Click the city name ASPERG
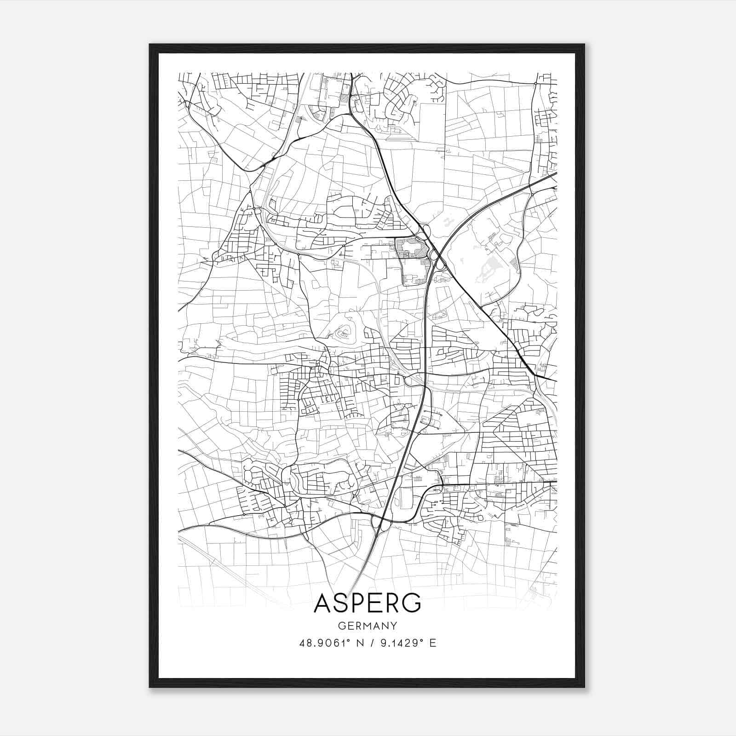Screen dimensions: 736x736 367,603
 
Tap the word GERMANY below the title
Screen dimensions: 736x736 367,626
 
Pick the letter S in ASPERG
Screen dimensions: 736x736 341,603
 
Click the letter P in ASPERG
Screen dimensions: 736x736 357,603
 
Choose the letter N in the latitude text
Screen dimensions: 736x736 354,643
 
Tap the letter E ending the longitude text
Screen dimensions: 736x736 432,643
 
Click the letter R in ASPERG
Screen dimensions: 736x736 392,603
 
